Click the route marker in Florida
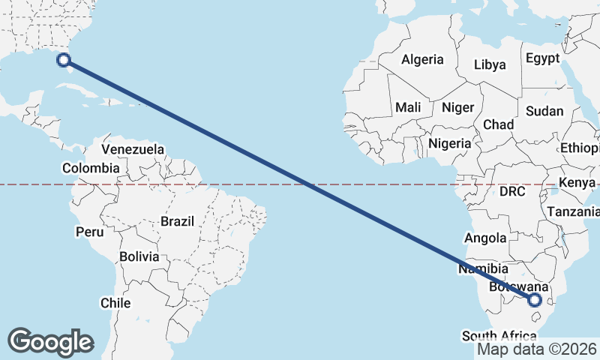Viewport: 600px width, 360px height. pos(64,61)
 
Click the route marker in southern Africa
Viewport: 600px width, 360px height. pos(535,300)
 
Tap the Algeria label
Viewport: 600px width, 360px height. pos(422,60)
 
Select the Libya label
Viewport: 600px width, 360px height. pos(490,64)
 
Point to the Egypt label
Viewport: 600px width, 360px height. pos(542,58)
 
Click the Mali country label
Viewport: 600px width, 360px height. pos(408,107)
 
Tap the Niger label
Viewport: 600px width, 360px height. pos(457,107)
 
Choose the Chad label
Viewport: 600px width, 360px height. pos(499,124)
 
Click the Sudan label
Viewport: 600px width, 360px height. pos(544,111)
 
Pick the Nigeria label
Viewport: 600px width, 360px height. pos(450,142)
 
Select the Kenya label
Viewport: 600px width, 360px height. pos(577,182)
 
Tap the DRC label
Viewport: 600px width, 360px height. pos(512,191)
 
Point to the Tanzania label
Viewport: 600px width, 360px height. pos(573,212)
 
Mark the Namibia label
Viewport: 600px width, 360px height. pos(484,268)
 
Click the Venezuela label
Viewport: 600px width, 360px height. pos(133,149)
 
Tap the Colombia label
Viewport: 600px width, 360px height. pos(91,168)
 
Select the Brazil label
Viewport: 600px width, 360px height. pos(177,221)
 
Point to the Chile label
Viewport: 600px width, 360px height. pos(115,303)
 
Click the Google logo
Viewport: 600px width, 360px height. pos(50,342)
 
